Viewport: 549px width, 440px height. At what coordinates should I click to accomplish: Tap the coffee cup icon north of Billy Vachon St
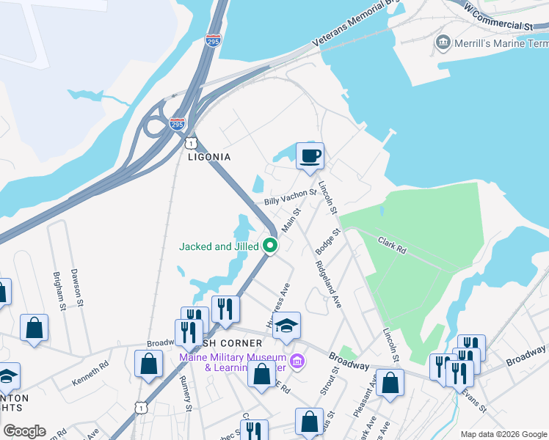310,155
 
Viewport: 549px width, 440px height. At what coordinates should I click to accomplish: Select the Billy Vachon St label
289,197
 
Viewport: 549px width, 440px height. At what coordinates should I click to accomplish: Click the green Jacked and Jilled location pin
270,246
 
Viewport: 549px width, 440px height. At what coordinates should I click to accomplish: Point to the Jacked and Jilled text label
219,247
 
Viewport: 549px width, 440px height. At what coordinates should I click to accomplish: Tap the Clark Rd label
392,244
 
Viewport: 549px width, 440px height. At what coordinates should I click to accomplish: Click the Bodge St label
328,241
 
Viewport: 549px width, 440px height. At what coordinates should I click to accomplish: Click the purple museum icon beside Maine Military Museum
297,361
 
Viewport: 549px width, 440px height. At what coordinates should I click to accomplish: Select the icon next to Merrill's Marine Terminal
443,42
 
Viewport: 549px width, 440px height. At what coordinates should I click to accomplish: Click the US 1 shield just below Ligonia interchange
191,139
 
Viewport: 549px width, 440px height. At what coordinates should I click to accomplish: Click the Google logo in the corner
24,431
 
